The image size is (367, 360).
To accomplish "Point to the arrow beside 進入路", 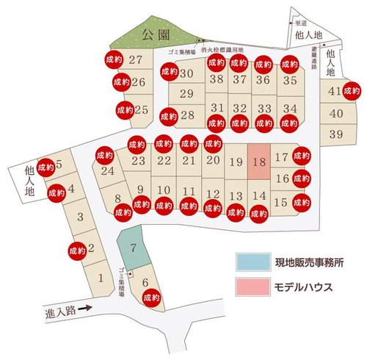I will pyautogui.click(x=86, y=309).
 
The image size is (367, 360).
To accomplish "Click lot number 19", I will pyautogui.click(x=236, y=163).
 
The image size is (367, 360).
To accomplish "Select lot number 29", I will pyautogui.click(x=186, y=93).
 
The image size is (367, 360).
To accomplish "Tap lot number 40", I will pyautogui.click(x=336, y=113).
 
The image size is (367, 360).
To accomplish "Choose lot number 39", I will pyautogui.click(x=336, y=134).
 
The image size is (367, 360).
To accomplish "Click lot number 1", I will pyautogui.click(x=101, y=277).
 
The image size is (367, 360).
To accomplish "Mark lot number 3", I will pyautogui.click(x=80, y=217).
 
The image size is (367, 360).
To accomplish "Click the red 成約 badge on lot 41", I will pyautogui.click(x=352, y=91).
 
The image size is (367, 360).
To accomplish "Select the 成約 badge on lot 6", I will pyautogui.click(x=152, y=298).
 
